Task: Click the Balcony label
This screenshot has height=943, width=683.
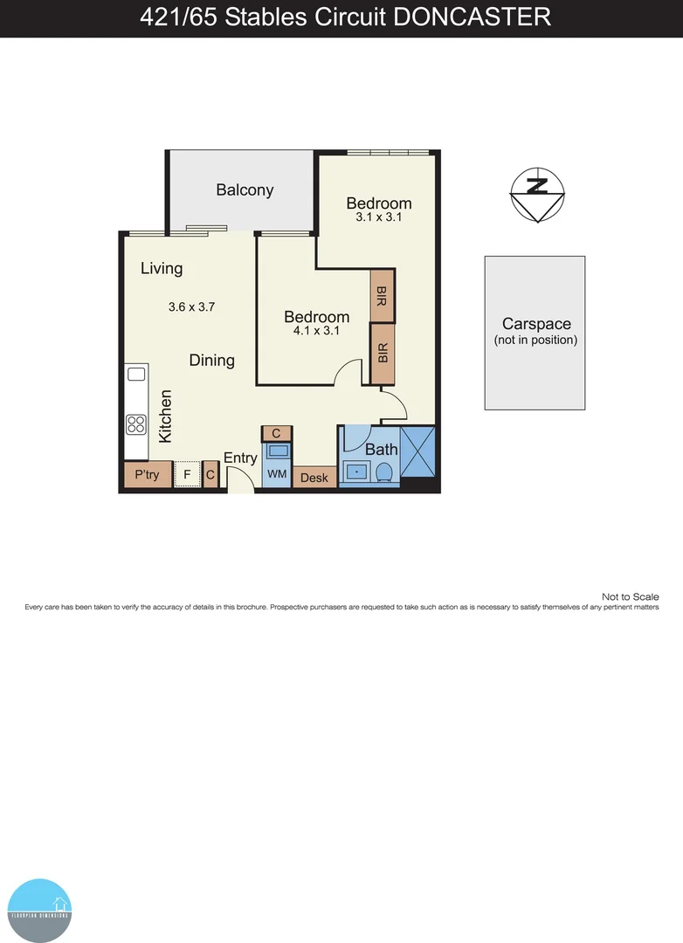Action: tap(245, 189)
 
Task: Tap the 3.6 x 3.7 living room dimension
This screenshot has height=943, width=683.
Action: tap(191, 306)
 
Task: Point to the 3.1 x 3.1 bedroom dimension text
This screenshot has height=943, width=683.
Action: tap(378, 217)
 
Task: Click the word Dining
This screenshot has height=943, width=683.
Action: tap(211, 360)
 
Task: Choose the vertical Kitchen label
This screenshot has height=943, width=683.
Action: tap(165, 416)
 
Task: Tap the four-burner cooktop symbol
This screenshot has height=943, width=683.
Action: tap(136, 424)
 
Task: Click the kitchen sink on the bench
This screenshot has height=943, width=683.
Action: tap(136, 374)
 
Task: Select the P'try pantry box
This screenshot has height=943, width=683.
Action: tap(146, 476)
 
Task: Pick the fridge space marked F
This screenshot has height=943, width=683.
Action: tap(187, 476)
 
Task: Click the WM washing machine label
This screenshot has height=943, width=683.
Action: tap(277, 474)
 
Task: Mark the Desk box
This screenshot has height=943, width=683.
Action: tap(314, 478)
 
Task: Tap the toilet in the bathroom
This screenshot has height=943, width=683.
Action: tap(383, 472)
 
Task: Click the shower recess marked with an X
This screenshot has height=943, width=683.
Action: tap(417, 451)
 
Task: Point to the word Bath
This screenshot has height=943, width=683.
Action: tap(382, 450)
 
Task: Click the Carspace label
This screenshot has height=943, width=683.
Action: tap(535, 324)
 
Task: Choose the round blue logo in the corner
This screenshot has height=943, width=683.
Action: tap(39, 910)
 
